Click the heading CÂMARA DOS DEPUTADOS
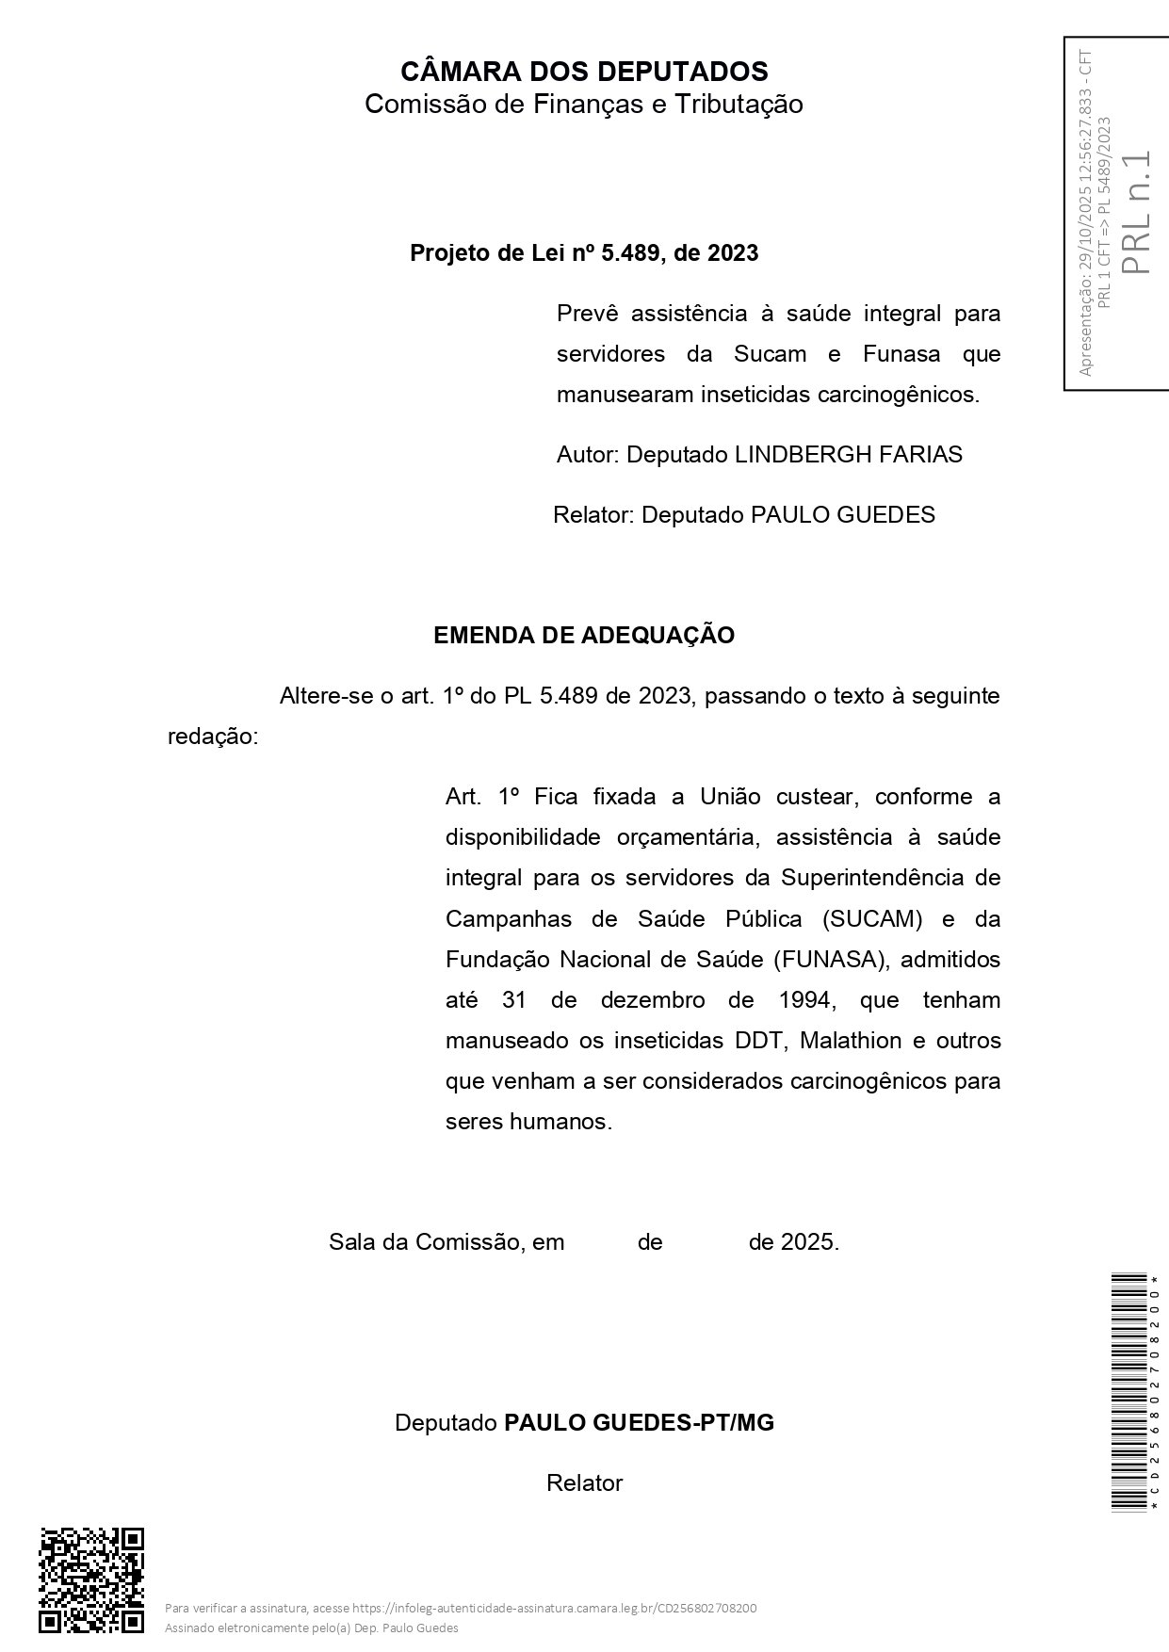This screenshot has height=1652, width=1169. pyautogui.click(x=584, y=72)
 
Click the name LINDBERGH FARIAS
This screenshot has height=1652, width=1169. pyautogui.click(x=848, y=455)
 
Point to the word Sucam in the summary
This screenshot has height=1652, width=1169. pyautogui.click(x=771, y=354)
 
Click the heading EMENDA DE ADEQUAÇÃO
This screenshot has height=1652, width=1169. pyautogui.click(x=584, y=636)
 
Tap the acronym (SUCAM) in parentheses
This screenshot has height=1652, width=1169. pyautogui.click(x=872, y=918)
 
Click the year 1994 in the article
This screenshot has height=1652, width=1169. pyautogui.click(x=804, y=1000)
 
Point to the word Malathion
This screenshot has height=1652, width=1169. pyautogui.click(x=851, y=1041)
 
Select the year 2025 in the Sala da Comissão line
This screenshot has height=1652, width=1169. pyautogui.click(x=809, y=1242)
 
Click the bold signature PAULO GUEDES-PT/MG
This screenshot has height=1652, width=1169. pyautogui.click(x=639, y=1423)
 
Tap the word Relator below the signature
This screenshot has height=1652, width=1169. pyautogui.click(x=584, y=1483)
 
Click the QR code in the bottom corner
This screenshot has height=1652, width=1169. pyautogui.click(x=91, y=1579)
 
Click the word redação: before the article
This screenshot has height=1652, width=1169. pyautogui.click(x=212, y=737)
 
